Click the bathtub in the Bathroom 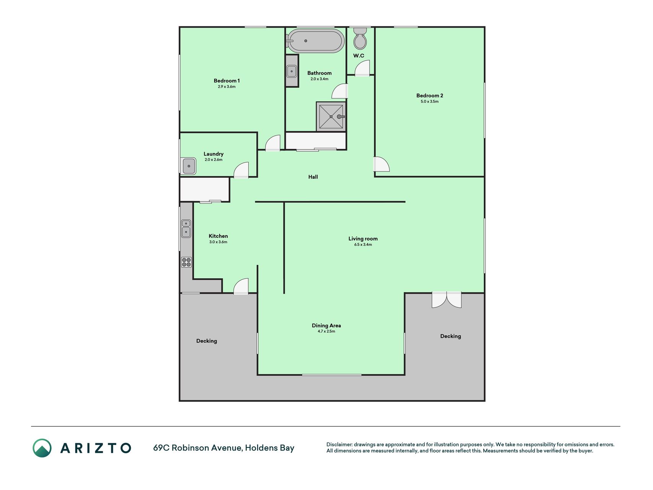tap(315, 41)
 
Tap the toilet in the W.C tap(360, 39)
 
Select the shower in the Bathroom tap(331, 116)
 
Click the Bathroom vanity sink tap(291, 71)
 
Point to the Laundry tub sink tap(189, 166)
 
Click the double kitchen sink tap(186, 229)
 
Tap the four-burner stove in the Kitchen tap(186, 262)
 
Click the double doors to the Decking tap(446, 300)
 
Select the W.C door tap(362, 69)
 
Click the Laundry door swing tap(241, 170)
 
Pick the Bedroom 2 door tap(381, 164)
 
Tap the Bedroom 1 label tap(227, 80)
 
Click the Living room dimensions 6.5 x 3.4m tap(363, 245)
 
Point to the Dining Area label tap(326, 325)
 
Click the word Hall tap(313, 177)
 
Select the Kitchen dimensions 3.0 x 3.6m tap(218, 242)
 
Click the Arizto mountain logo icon tap(42, 448)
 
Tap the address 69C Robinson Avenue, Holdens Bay tap(224, 448)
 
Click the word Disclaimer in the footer tap(339, 444)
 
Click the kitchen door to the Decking tap(241, 286)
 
